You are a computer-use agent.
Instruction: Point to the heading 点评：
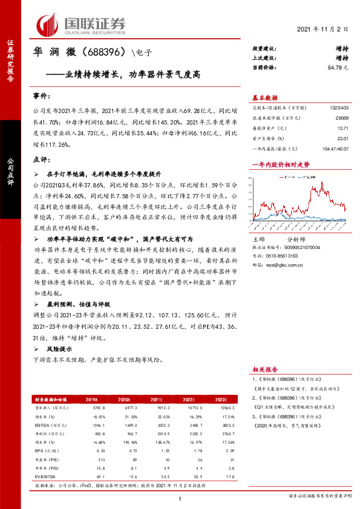pyautogui.click(x=40, y=159)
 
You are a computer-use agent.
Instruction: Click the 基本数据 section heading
pyautogui.click(x=264, y=97)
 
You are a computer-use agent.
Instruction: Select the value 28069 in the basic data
pyautogui.click(x=342, y=118)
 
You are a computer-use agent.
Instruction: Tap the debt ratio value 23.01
pyautogui.click(x=343, y=138)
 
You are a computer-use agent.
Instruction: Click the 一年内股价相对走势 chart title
pyautogui.click(x=280, y=164)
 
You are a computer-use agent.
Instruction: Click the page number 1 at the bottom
pyautogui.click(x=180, y=498)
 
